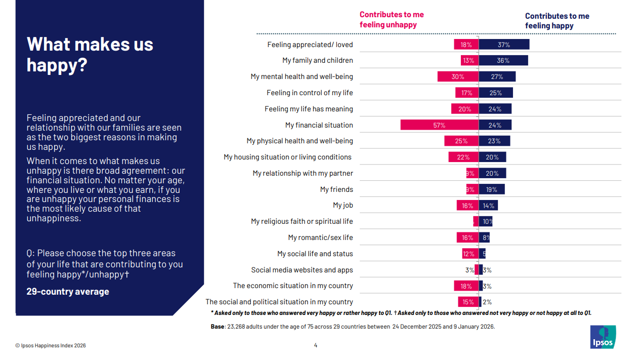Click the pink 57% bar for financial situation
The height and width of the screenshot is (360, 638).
pyautogui.click(x=439, y=125)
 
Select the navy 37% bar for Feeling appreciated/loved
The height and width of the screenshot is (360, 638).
pyautogui.click(x=504, y=45)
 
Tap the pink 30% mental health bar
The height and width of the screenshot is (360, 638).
pyautogui.click(x=458, y=77)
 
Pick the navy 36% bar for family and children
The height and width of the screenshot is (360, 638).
pyautogui.click(x=503, y=61)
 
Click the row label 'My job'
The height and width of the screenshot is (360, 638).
pyautogui.click(x=343, y=206)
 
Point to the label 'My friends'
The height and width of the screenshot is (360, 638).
pyautogui.click(x=336, y=189)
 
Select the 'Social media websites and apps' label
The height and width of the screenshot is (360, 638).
pyautogui.click(x=302, y=270)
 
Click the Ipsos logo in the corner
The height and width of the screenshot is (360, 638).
pyautogui.click(x=603, y=337)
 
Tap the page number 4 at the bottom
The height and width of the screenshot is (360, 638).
pyautogui.click(x=316, y=346)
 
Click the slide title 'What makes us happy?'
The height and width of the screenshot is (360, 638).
pyautogui.click(x=90, y=54)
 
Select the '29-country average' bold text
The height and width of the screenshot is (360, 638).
pyautogui.click(x=68, y=292)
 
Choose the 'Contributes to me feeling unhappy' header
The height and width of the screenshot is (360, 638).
pyautogui.click(x=392, y=20)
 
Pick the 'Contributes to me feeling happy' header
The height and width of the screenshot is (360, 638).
pyautogui.click(x=557, y=21)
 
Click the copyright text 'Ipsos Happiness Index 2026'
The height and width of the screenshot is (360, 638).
pyautogui.click(x=51, y=346)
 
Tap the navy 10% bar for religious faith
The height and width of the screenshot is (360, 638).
pyautogui.click(x=486, y=222)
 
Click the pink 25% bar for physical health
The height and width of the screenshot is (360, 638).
pyautogui.click(x=461, y=141)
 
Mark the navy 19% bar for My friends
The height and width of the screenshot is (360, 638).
pyautogui.click(x=491, y=189)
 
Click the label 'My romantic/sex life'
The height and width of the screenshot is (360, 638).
pyautogui.click(x=320, y=237)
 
